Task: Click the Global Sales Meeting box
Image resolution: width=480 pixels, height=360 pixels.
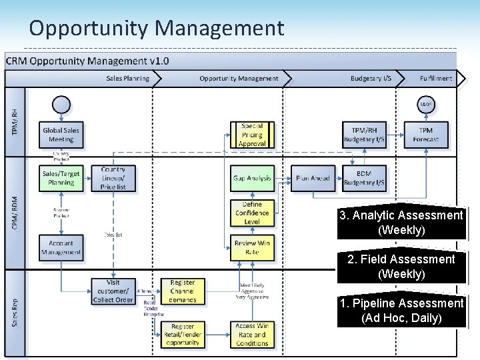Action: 61,135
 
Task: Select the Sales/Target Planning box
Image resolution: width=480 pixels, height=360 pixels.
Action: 61,178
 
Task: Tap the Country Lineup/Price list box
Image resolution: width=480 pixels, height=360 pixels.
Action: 113,178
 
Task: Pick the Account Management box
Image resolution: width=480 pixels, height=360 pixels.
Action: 61,247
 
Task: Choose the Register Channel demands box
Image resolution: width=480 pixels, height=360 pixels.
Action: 182,291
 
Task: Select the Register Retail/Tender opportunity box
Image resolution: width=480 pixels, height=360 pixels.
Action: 182,335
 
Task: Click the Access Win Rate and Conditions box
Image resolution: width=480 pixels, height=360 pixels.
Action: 252,335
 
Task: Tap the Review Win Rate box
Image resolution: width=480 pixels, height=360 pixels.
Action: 252,247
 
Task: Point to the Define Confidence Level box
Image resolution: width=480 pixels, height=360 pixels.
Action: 252,213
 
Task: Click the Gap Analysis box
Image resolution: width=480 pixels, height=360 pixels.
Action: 252,178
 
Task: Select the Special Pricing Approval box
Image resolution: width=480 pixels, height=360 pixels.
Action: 252,135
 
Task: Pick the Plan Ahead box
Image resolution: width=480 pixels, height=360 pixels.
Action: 313,178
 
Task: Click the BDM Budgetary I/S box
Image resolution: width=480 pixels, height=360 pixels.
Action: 364,178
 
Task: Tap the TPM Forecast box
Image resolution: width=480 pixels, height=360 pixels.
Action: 425,135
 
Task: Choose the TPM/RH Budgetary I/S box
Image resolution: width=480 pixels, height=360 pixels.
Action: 364,135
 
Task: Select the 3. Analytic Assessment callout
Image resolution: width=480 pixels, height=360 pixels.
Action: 401,222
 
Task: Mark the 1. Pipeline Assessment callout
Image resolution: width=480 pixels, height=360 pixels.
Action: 401,310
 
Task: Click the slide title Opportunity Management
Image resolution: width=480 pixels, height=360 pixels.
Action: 157,28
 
